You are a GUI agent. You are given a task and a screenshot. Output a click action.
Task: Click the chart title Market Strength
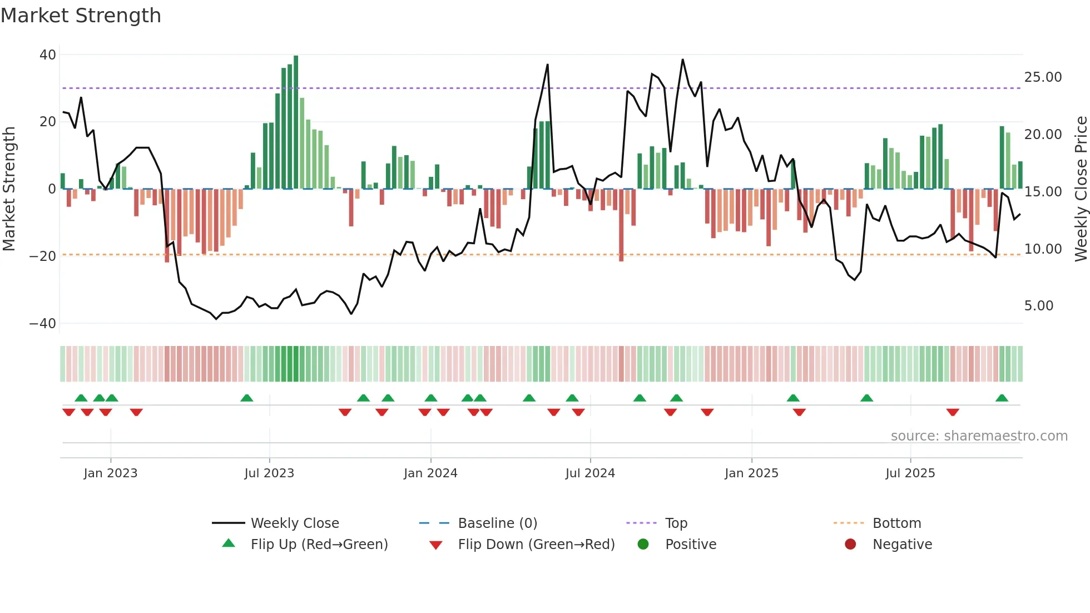pos(81,16)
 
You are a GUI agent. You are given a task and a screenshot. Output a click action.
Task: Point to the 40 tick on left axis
pos(48,55)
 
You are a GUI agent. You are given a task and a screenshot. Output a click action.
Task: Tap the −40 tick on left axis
pos(43,323)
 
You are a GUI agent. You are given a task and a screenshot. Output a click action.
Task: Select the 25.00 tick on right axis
pos(1043,77)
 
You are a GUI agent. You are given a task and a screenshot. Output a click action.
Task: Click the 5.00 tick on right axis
pos(1038,306)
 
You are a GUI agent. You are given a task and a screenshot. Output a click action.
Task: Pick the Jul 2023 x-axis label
pos(269,473)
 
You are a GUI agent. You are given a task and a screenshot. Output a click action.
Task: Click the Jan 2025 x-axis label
pos(751,473)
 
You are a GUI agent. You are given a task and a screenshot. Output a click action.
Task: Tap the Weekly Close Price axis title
pos(1081,189)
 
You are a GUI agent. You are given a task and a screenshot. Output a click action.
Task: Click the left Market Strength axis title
pos(9,189)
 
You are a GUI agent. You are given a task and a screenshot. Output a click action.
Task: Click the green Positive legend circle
pos(643,544)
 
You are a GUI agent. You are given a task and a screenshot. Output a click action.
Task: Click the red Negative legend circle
pos(850,544)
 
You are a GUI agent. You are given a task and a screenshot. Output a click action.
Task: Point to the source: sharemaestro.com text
pos(979,436)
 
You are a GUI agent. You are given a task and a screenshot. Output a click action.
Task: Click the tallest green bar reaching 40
pos(296,122)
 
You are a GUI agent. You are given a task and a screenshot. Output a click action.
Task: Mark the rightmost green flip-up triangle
pos(1002,398)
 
